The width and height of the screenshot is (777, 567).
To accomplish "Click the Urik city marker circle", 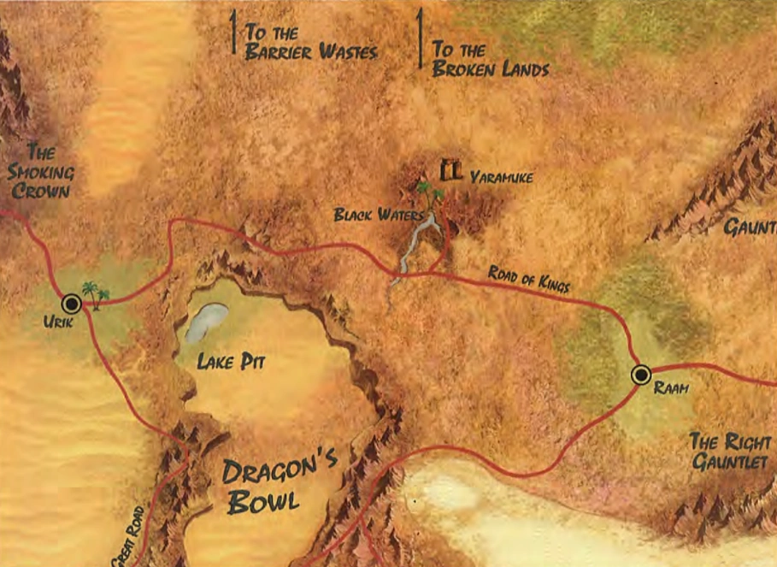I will pos(71,303).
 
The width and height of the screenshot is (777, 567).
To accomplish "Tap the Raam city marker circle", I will pos(640,375).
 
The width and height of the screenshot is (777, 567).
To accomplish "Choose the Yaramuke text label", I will pos(502,177).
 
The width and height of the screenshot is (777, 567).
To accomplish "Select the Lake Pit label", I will pos(231,362).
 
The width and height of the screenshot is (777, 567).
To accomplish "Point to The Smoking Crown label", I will pos(41,172).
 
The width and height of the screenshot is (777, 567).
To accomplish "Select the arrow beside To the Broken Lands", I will pos(420,38).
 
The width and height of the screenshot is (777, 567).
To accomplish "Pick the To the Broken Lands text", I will pos(490,60).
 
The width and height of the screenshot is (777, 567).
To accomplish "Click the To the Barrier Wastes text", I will pos(309,41).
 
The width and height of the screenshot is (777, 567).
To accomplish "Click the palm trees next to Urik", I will pos(96,294).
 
